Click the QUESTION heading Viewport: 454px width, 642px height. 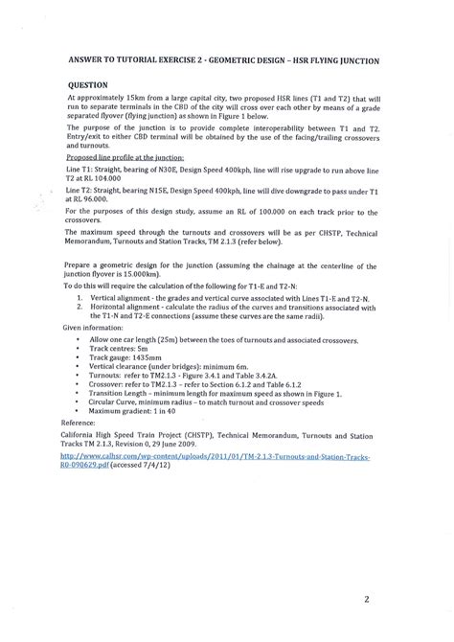tap(87, 83)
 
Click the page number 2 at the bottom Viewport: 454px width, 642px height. tap(393, 601)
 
